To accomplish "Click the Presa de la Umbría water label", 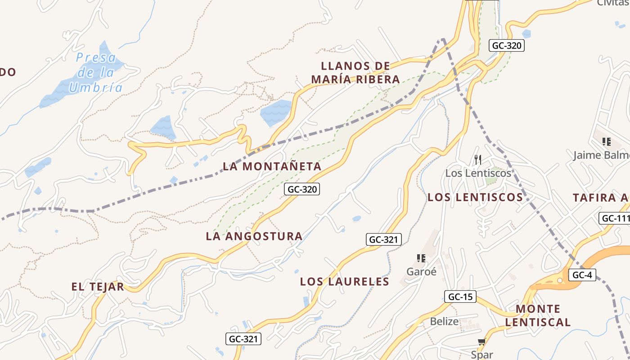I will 95,72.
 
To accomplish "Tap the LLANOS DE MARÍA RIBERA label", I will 355,73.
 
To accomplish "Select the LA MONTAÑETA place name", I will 272,166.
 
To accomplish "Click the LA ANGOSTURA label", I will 254,236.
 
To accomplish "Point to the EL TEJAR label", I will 98,287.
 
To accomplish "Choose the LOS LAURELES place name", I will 345,282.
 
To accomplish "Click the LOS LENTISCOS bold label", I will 475,197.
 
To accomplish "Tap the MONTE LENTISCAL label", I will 538,315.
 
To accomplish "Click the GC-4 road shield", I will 582,274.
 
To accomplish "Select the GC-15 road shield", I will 460,297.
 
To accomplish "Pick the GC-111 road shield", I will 616,219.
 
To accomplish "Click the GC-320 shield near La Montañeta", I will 302,189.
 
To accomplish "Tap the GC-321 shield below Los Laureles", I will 243,339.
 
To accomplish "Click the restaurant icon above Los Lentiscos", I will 478,159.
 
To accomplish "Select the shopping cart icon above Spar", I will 482,342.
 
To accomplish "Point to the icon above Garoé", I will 421,258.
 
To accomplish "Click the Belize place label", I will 444,321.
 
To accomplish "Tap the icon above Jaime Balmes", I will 606,142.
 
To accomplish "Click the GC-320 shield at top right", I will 507,45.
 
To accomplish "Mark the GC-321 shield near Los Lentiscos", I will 383,239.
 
